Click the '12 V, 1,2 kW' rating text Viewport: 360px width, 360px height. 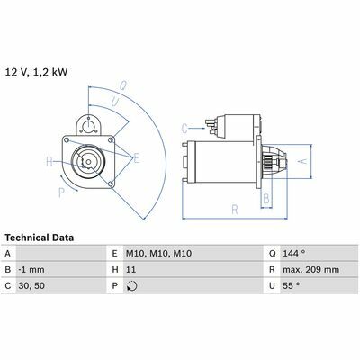pos(36,73)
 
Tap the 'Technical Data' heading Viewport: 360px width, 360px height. pos(40,238)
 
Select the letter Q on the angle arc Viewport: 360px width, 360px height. pos(123,85)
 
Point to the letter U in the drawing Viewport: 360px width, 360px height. pos(115,102)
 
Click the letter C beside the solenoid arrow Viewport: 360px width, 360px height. pos(184,129)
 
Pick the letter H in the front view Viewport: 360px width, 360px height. pos(49,162)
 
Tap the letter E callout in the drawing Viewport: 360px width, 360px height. pos(137,158)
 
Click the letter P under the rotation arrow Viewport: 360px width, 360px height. pos(61,193)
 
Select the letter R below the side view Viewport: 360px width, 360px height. pos(235,210)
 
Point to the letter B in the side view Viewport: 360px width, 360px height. pos(266,198)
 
